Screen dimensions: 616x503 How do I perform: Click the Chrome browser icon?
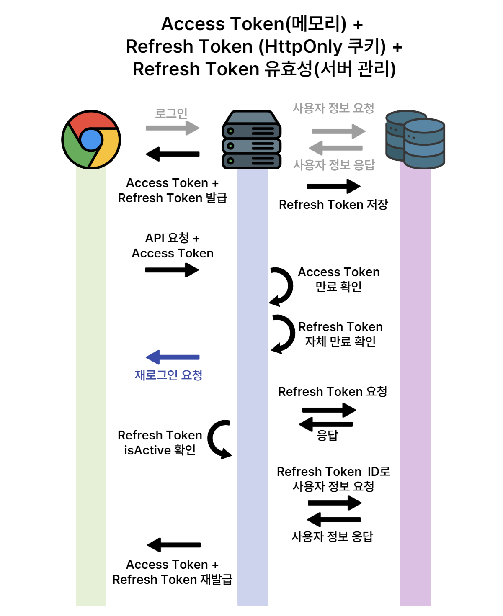coord(91,140)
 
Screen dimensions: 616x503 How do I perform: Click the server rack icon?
coord(251,140)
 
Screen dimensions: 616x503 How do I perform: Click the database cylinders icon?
coord(415,140)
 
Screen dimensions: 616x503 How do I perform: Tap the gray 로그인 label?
coord(171,113)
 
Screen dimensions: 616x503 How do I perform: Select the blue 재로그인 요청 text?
coord(168,375)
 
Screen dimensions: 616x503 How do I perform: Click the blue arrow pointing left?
coord(173,357)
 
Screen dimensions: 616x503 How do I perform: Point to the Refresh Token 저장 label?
coord(333,204)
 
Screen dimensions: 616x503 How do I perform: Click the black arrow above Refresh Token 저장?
coord(333,186)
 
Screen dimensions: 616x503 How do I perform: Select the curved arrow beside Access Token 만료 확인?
coord(282,286)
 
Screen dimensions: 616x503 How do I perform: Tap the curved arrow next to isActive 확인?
coord(219,439)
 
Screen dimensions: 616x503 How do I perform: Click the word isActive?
coord(147,450)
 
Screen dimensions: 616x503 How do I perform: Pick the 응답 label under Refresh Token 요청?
coord(327,435)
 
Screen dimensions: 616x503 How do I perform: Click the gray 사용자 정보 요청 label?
coord(333,108)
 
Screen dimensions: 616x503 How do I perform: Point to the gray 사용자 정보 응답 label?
coord(334,165)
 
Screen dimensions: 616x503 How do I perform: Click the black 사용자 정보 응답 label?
coord(332,536)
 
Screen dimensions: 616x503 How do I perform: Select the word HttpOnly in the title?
coord(301,46)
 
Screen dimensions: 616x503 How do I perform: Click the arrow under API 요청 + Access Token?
coord(172,270)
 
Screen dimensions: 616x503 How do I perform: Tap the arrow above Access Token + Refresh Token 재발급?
coord(174,545)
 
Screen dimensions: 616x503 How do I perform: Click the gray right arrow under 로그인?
coord(173,128)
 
